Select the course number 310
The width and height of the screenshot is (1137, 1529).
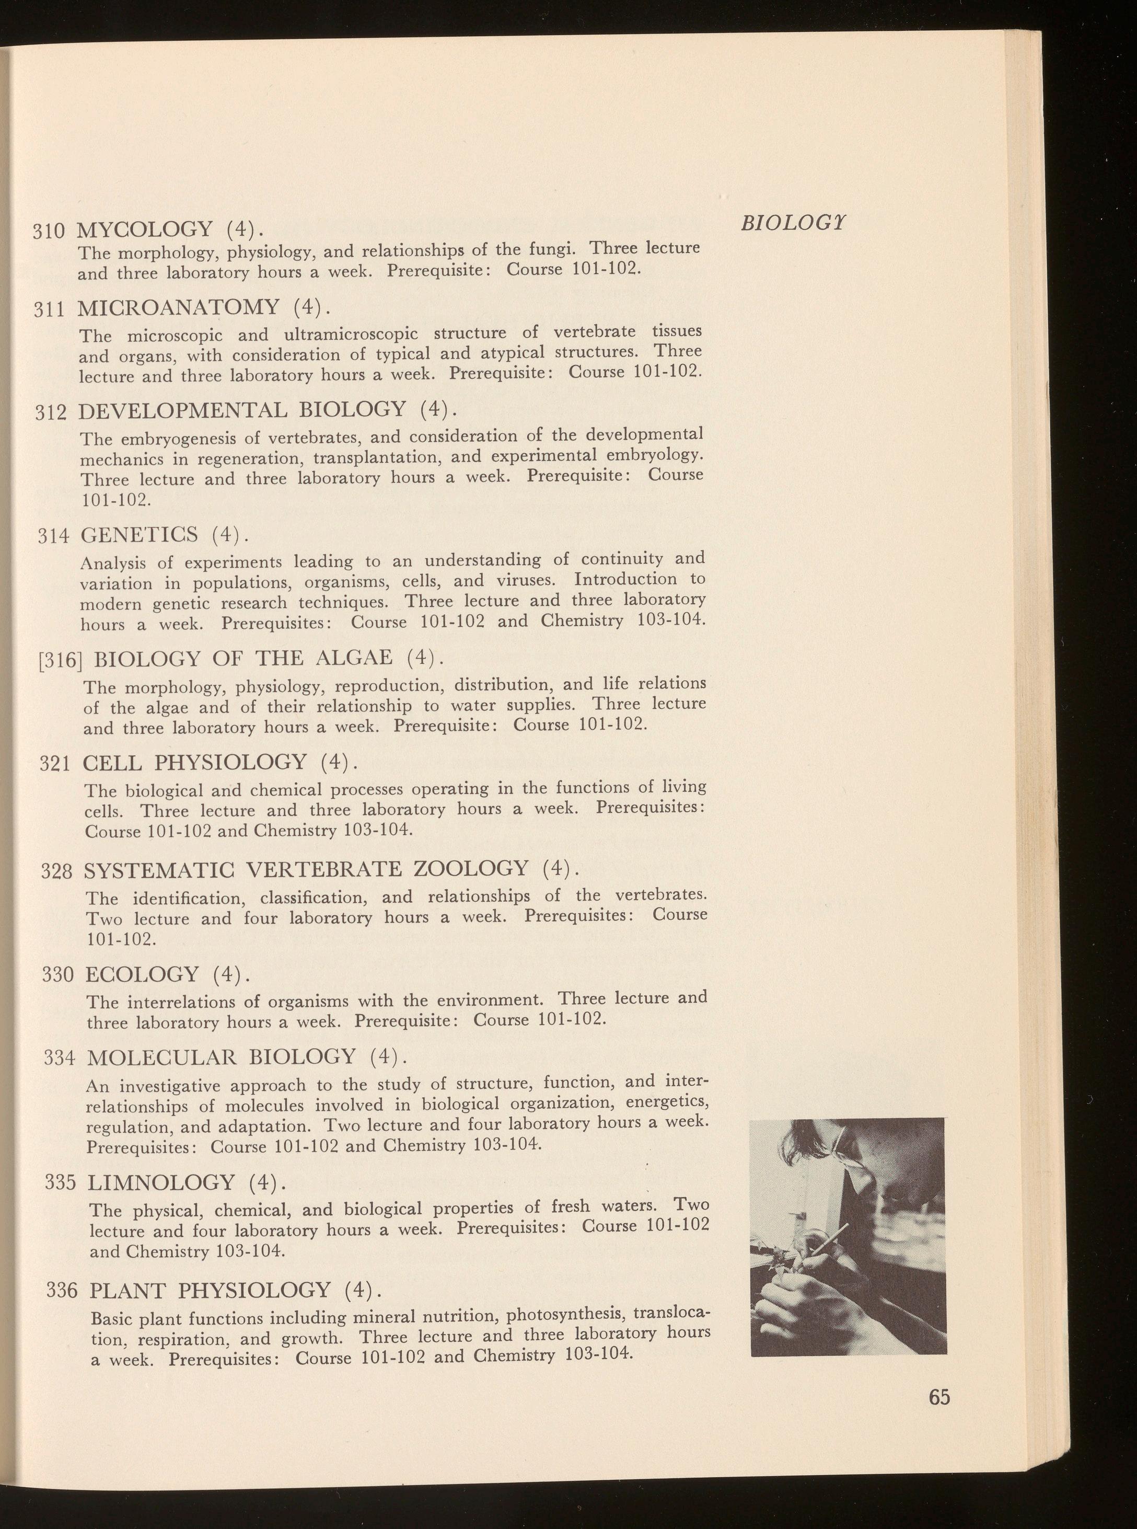[49, 230]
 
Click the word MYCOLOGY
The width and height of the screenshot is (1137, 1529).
[145, 228]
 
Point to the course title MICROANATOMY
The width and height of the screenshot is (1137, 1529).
[178, 308]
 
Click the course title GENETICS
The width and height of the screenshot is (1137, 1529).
[140, 534]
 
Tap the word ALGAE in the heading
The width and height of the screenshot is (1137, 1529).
[353, 658]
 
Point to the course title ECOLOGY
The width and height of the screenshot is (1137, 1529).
[143, 974]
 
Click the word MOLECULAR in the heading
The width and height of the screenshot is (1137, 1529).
[163, 1057]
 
